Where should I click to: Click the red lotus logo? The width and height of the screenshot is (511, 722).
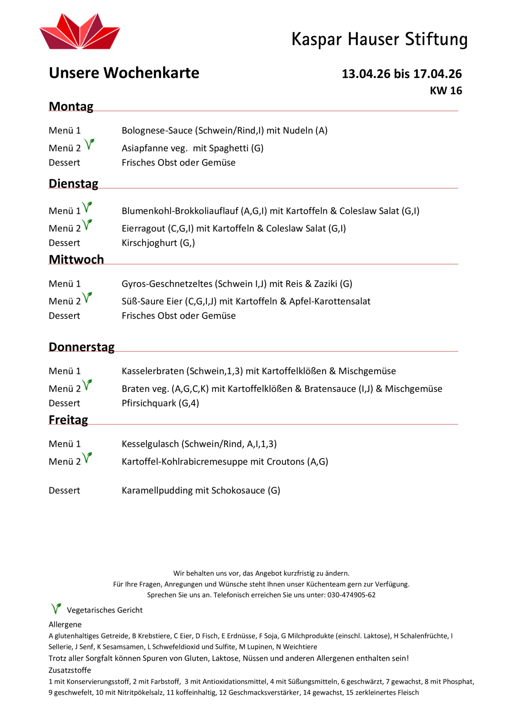point(79,32)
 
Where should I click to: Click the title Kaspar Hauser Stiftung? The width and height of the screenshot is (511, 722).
point(379,39)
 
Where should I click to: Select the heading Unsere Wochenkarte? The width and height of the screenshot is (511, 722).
point(124,73)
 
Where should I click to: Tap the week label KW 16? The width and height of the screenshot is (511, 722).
point(446,91)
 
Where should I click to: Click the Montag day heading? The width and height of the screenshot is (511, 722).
point(71,107)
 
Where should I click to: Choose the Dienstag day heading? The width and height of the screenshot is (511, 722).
point(73,183)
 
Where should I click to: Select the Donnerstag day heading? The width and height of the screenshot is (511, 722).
point(81,347)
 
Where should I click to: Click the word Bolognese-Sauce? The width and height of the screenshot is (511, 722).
point(157,130)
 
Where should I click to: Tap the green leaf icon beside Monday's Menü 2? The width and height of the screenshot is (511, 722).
point(89,144)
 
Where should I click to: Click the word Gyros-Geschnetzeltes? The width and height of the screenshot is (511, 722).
point(167,284)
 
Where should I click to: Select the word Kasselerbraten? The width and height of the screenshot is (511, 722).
point(153,371)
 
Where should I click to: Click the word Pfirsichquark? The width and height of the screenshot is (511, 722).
point(149,403)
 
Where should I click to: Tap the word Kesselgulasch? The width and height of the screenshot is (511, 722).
point(150,444)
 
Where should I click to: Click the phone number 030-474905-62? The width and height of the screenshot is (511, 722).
point(351,595)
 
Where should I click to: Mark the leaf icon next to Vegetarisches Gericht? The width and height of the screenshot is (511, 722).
point(56,608)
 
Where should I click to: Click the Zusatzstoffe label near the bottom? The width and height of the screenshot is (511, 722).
point(70,670)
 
